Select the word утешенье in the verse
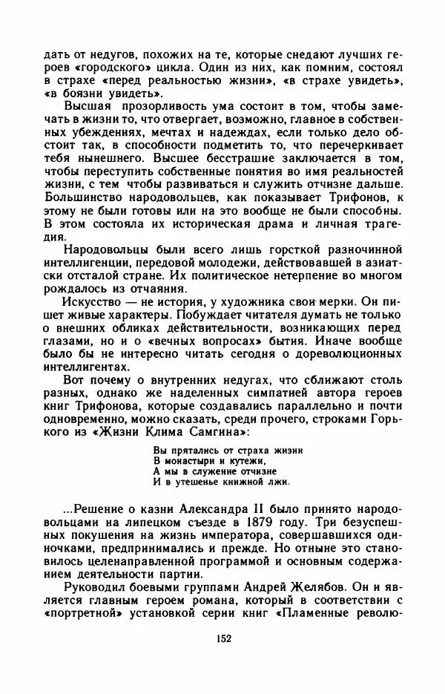click(194, 480)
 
